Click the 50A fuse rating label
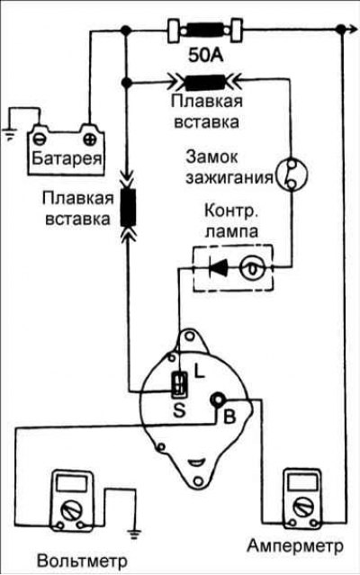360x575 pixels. [206, 56]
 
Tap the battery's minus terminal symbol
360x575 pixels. [40, 139]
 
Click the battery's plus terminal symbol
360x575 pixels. [89, 139]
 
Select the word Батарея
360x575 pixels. [67, 158]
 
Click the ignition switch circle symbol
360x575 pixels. [292, 175]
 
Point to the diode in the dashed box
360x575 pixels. [219, 267]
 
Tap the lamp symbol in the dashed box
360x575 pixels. [252, 269]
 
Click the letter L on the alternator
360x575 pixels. [199, 373]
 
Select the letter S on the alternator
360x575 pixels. [179, 410]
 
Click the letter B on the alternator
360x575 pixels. [229, 417]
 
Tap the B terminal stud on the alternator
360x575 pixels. [217, 400]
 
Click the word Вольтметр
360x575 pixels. [82, 561]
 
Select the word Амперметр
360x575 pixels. [295, 545]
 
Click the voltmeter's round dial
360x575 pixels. [71, 510]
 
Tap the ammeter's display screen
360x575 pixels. [302, 481]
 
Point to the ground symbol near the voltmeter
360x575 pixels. [134, 534]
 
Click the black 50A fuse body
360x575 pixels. [205, 30]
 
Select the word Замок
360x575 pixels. [211, 157]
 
